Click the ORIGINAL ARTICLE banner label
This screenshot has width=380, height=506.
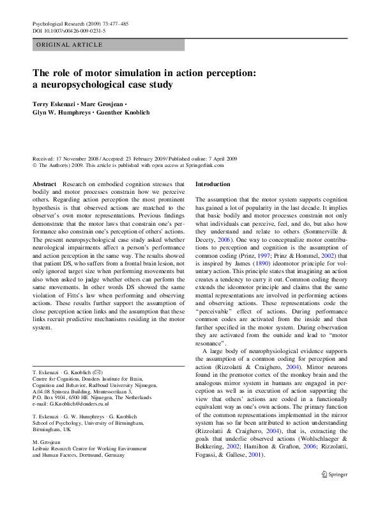pos(70,45)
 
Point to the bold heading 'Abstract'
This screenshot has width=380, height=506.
pos(44,184)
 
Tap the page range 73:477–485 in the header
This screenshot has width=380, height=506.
pos(114,23)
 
